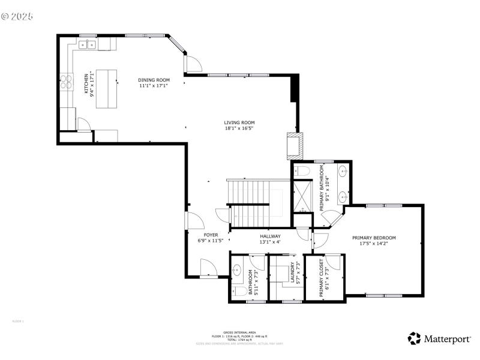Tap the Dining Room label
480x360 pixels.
(x=154, y=83)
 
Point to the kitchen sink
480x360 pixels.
(x=89, y=44)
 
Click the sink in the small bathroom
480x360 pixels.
(x=236, y=271)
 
